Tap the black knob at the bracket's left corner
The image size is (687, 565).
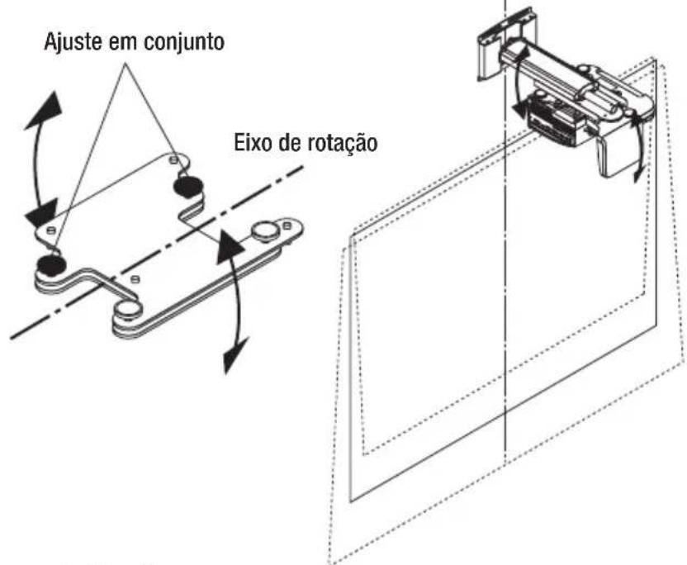(50, 264)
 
